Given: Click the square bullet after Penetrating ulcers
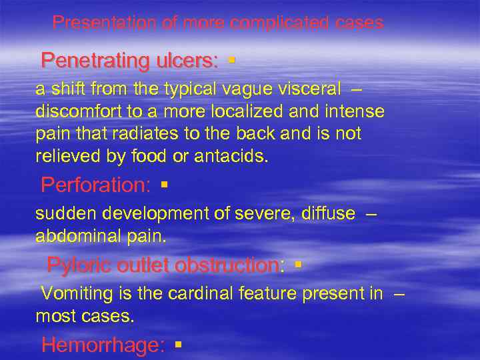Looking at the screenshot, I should click(x=231, y=61).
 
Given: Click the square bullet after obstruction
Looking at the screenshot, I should click(x=297, y=265).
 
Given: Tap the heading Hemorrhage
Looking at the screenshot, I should click(x=103, y=345).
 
